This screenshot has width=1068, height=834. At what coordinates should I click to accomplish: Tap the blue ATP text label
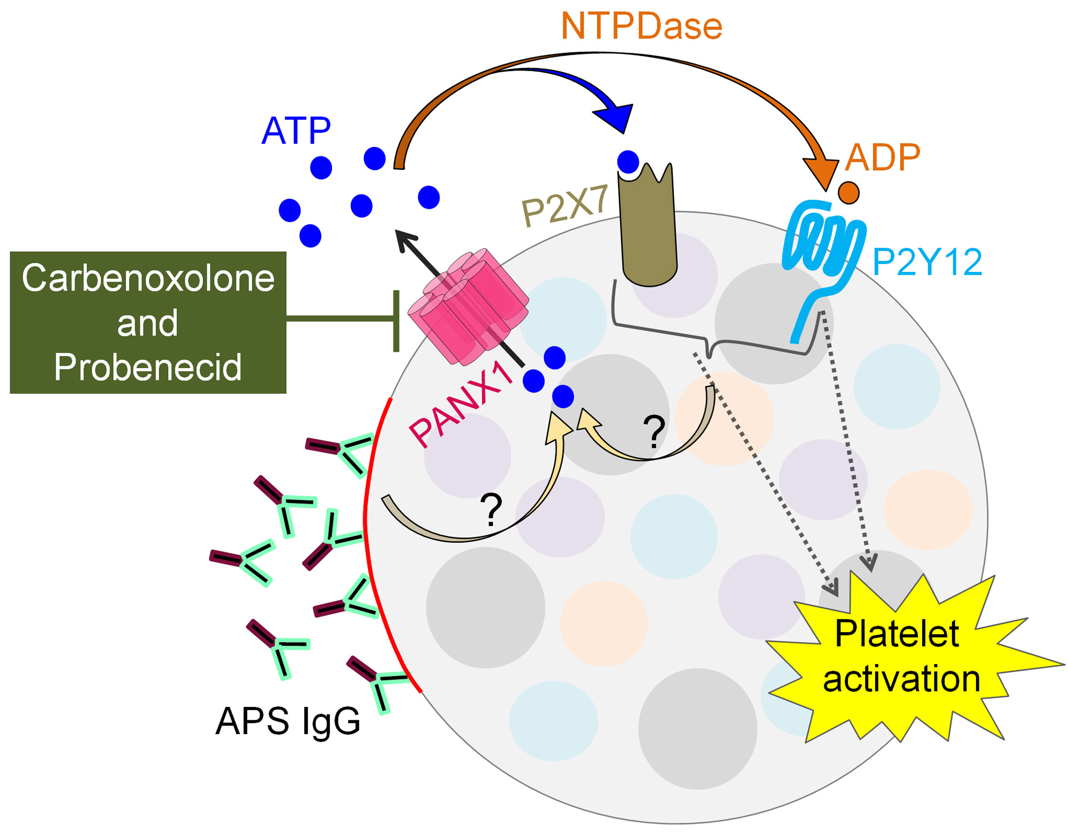(x=296, y=131)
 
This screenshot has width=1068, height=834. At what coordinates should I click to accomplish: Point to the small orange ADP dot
(x=849, y=192)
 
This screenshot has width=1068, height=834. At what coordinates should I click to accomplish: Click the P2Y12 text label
(x=927, y=262)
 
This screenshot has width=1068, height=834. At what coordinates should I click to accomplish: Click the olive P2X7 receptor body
(x=648, y=230)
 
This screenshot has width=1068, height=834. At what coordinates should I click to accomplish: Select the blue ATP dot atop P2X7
(x=628, y=161)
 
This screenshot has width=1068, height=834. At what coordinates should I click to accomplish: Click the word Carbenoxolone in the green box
(x=148, y=278)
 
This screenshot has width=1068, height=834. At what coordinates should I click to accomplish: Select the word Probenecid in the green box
(x=148, y=367)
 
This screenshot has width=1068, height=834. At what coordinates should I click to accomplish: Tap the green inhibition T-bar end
(x=396, y=321)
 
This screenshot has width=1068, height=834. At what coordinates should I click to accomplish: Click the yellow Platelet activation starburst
(x=902, y=657)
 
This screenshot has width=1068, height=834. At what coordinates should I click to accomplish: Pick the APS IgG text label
(x=288, y=721)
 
